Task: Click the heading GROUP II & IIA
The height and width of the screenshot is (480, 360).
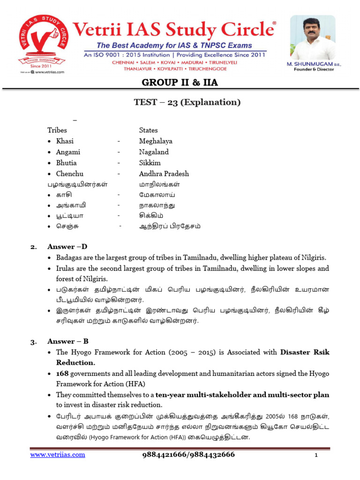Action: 180,83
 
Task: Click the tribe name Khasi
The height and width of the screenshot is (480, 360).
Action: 65,141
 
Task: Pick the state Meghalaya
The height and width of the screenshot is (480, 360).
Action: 156,141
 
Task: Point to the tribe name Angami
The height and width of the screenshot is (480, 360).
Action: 68,152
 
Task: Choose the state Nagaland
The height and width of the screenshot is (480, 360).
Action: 154,152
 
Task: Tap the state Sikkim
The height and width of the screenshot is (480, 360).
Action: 150,163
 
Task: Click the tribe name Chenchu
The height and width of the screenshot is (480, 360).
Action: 69,174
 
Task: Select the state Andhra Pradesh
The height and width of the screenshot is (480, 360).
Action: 164,174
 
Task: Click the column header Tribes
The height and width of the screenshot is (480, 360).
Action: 57,130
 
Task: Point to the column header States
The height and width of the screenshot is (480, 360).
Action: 148,130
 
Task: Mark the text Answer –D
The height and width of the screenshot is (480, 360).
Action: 67,247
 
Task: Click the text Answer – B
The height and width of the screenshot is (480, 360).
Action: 68,341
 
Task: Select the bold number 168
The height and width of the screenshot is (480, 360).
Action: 62,374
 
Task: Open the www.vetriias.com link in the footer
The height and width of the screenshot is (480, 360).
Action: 58,455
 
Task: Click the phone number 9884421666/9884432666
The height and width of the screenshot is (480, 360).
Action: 188,455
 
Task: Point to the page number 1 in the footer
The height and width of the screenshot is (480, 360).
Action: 316,456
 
